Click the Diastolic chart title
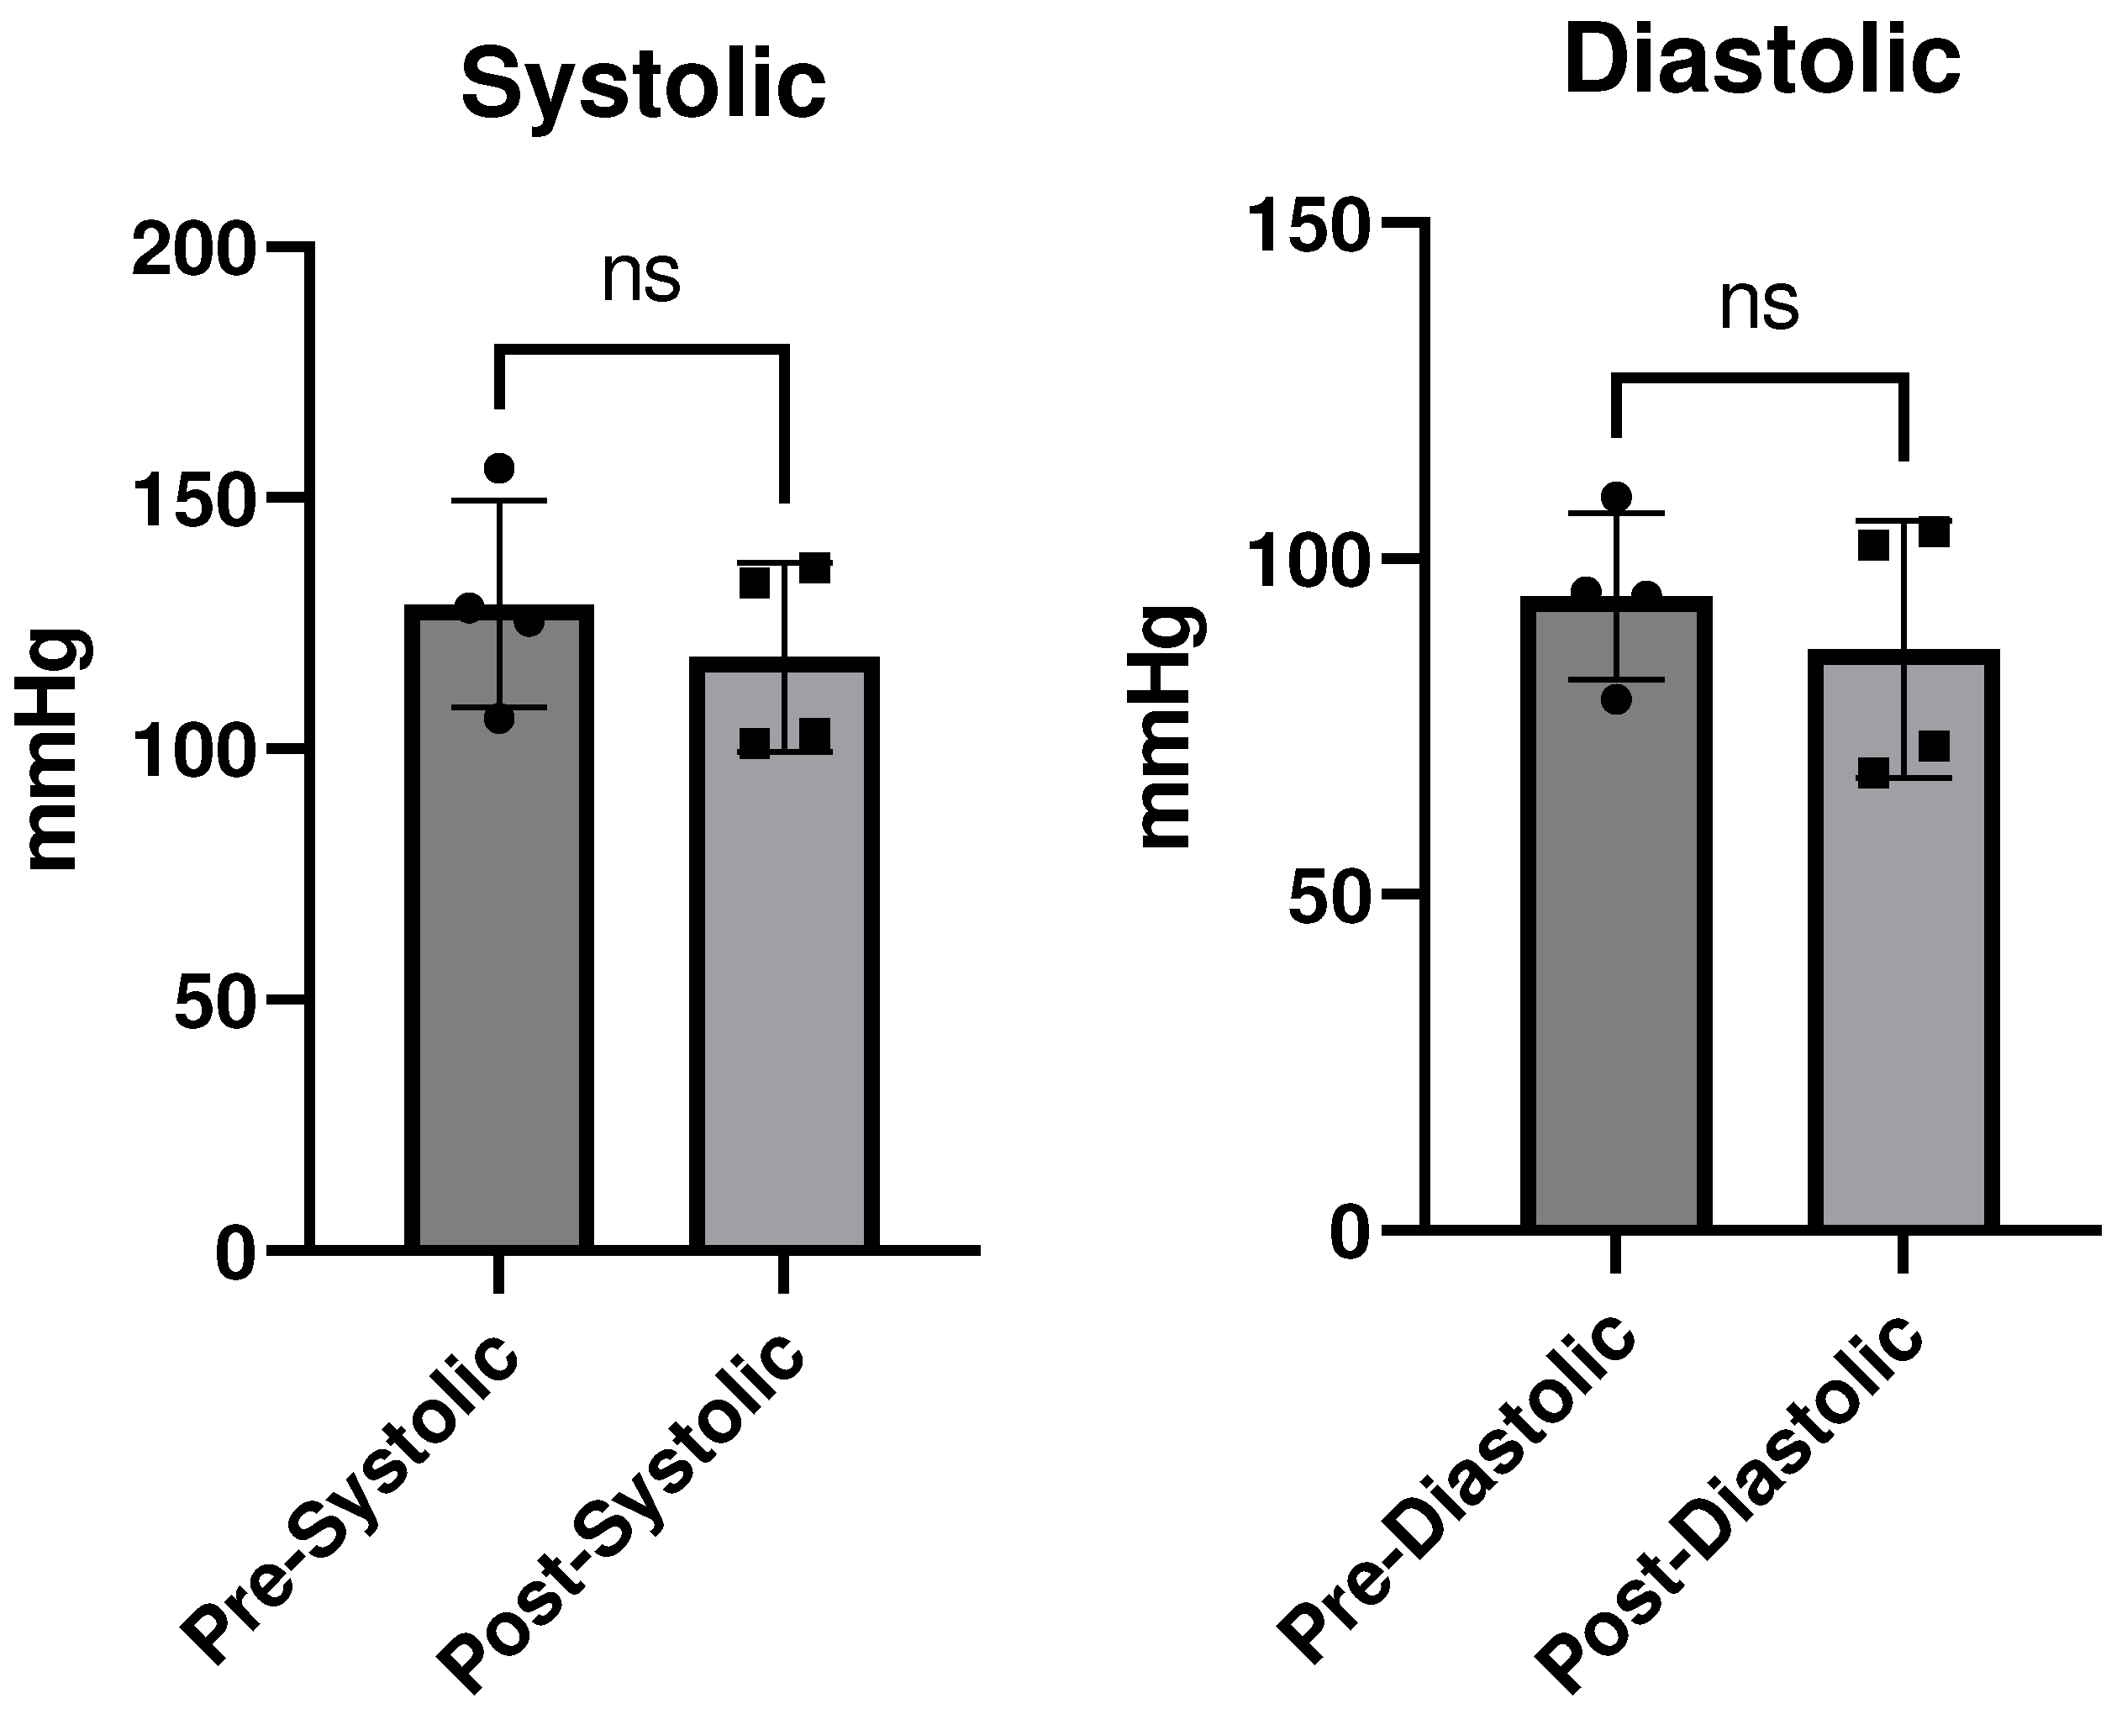(x=1761, y=61)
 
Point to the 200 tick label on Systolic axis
(x=193, y=253)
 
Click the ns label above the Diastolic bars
(x=1759, y=304)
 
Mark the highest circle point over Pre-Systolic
(x=499, y=468)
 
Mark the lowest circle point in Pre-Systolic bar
(x=499, y=720)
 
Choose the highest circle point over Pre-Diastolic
(x=1615, y=496)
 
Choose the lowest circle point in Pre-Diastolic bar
(x=1615, y=699)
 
